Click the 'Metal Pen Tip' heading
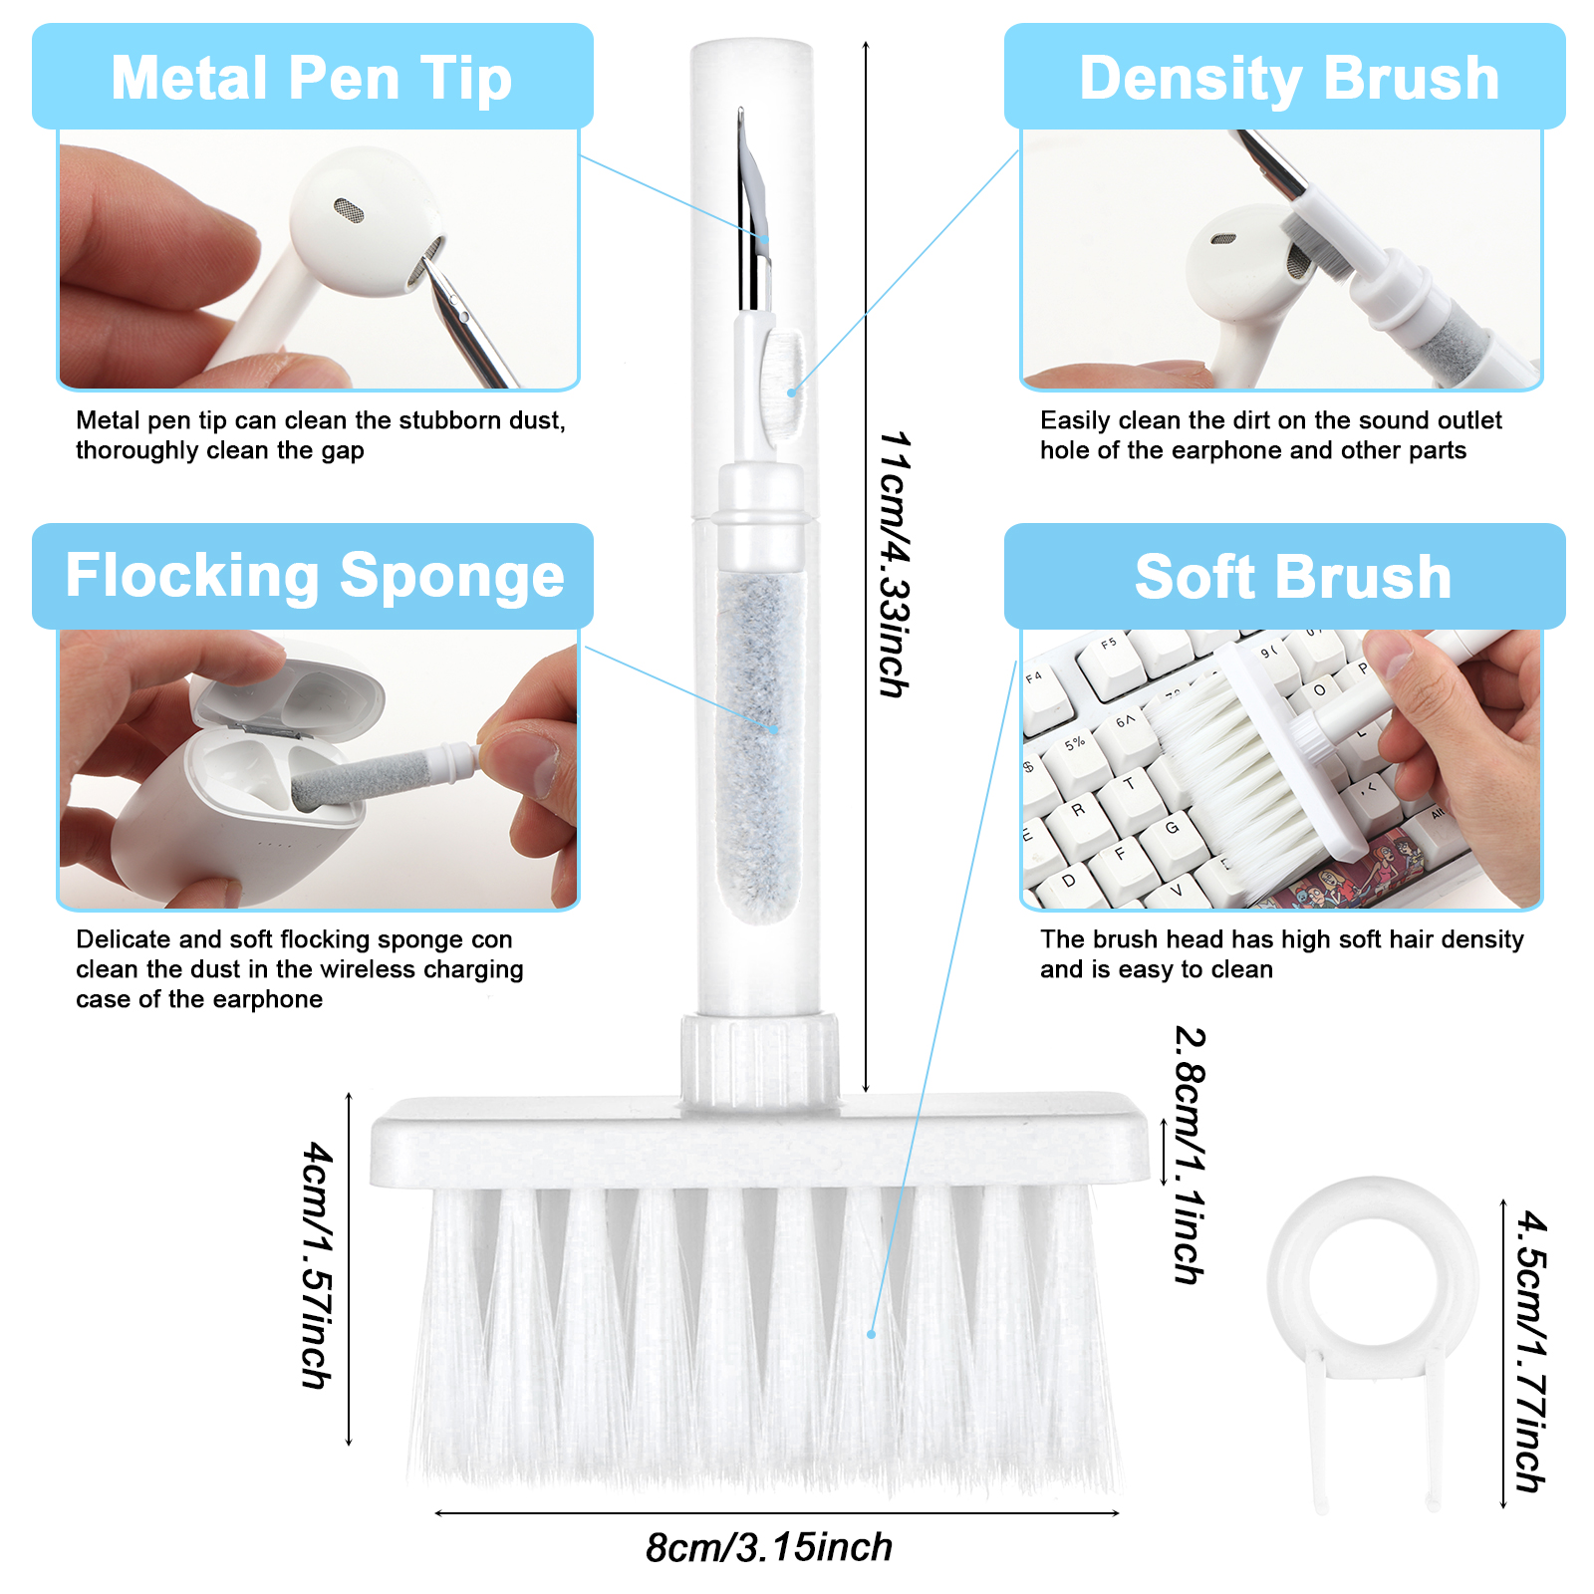pyautogui.click(x=312, y=79)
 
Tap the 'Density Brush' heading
pyautogui.click(x=1289, y=79)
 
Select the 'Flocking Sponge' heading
pyautogui.click(x=315, y=577)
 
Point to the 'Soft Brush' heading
pyautogui.click(x=1293, y=578)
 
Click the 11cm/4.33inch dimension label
pyautogui.click(x=895, y=564)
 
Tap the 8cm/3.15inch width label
pyautogui.click(x=769, y=1547)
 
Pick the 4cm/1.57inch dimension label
pyautogui.click(x=318, y=1265)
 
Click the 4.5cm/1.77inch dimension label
pyautogui.click(x=1531, y=1351)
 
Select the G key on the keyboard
pyautogui.click(x=1172, y=829)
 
